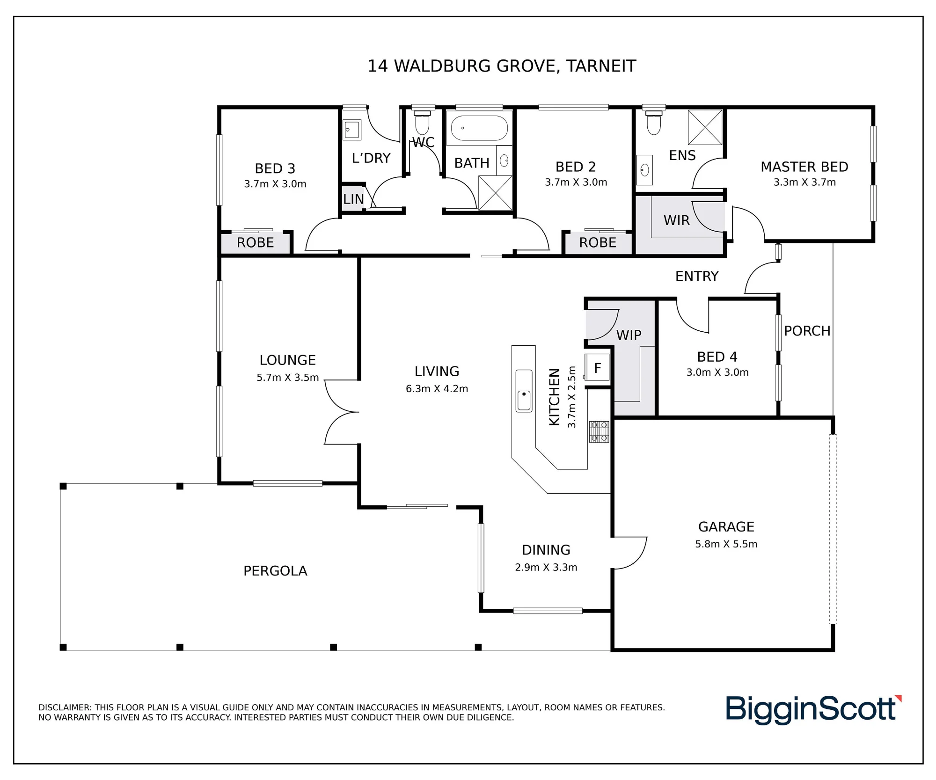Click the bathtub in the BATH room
pos(479,128)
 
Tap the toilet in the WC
pos(422,122)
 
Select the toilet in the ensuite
pos(654,122)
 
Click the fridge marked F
pos(597,367)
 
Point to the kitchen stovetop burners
pos(599,431)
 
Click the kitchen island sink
pos(524,391)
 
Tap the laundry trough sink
pos(352,130)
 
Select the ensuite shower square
pos(705,127)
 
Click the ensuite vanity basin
pos(645,170)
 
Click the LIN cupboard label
pos(353,199)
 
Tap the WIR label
pos(676,220)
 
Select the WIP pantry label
pos(629,335)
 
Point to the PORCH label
pos(807,331)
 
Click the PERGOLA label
pos(275,571)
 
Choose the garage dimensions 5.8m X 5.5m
pos(726,544)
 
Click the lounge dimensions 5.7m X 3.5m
pos(287,377)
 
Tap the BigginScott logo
pos(813,710)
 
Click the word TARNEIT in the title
pos(601,66)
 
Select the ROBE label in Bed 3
pos(255,242)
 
